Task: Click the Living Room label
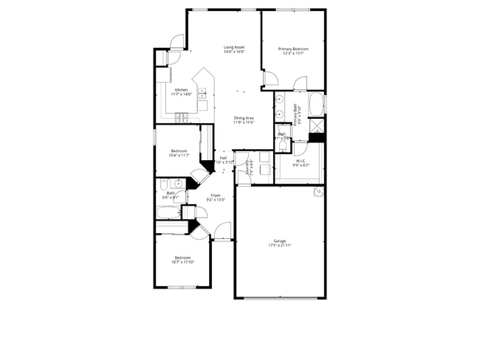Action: pos(234,47)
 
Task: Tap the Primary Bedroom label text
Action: pos(293,49)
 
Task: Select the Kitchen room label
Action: pos(181,90)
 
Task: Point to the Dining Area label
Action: pos(244,118)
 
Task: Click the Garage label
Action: pos(279,240)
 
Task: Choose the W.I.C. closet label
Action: pos(301,161)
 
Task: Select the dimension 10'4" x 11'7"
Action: pos(179,156)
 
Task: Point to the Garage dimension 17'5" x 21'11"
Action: pos(279,245)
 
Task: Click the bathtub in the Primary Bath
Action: pos(315,104)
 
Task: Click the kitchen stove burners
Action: pos(182,117)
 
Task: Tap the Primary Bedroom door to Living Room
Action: pos(270,77)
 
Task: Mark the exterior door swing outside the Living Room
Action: pos(175,41)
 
